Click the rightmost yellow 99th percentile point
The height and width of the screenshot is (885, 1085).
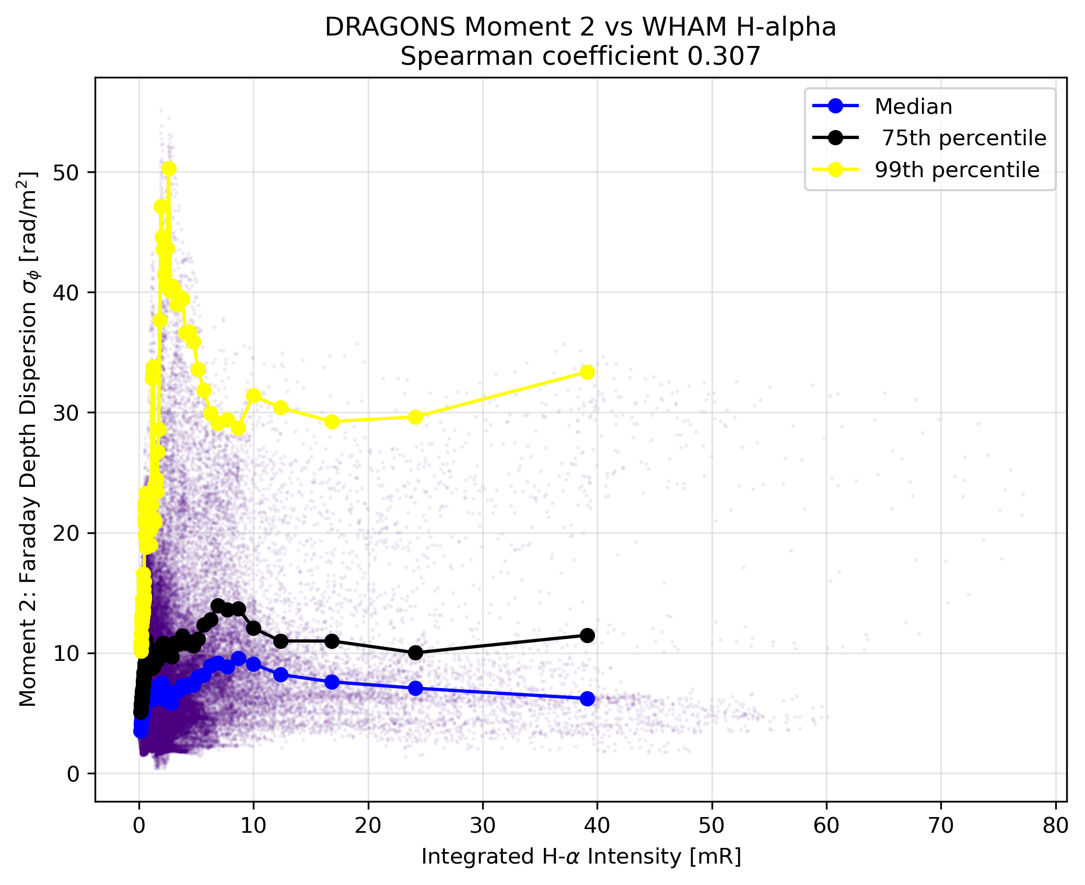[587, 372]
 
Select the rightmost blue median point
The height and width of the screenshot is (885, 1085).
[587, 698]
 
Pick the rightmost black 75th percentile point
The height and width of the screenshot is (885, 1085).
[587, 635]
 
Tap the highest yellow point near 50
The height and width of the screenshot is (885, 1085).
[169, 168]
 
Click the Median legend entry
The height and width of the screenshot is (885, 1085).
[883, 107]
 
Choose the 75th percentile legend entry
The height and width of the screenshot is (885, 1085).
[930, 138]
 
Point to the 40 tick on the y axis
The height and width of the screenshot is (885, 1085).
[66, 293]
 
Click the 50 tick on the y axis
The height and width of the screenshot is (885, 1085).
[66, 172]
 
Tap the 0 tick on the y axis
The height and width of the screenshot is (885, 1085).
[74, 774]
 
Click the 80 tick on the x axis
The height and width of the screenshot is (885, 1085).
[1055, 826]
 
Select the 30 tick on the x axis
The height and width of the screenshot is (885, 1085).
[483, 826]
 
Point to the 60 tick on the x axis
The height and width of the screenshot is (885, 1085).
[826, 826]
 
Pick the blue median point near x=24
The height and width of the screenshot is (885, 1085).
[415, 688]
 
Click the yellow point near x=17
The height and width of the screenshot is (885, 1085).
[332, 422]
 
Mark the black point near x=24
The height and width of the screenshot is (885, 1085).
[415, 653]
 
